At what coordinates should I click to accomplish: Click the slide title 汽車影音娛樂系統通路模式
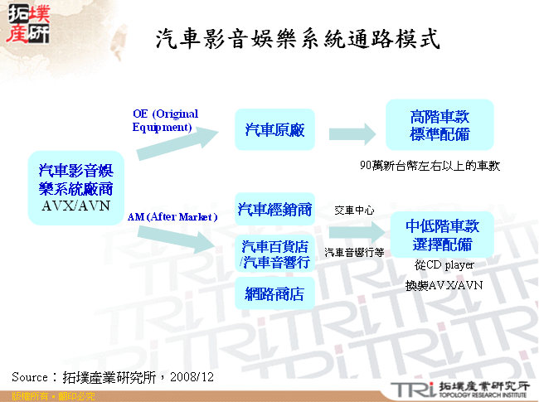point(297,39)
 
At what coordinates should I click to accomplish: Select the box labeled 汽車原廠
point(274,130)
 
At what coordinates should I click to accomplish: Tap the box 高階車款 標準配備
point(439,125)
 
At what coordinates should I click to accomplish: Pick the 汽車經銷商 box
point(274,208)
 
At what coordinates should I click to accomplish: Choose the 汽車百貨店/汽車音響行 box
point(274,254)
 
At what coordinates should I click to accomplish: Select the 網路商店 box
point(274,293)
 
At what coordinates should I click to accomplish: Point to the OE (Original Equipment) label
point(166,120)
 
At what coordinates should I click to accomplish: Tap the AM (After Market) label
point(172,217)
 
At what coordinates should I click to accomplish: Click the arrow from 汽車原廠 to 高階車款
point(352,133)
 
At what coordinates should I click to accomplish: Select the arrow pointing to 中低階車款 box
point(354,234)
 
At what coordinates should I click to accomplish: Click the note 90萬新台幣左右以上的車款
point(430,166)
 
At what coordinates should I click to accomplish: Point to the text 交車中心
point(354,210)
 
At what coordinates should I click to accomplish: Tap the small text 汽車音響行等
point(354,252)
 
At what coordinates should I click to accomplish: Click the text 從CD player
point(444,265)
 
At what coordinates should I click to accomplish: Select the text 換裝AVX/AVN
point(444,285)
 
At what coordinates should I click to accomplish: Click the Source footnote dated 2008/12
point(113,376)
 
